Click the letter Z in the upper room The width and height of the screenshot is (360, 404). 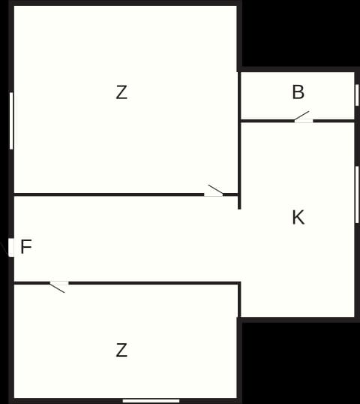(121, 92)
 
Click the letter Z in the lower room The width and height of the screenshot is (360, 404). (121, 350)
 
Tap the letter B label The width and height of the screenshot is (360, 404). (298, 92)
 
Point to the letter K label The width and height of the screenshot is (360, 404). (298, 218)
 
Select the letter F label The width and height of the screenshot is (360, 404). (26, 246)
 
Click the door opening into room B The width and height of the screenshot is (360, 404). (304, 118)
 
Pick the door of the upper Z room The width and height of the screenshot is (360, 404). (214, 191)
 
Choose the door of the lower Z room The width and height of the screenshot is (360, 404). (59, 286)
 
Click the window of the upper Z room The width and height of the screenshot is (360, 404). (11, 121)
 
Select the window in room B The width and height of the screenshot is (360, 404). (357, 95)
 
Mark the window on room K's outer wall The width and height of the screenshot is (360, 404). (357, 194)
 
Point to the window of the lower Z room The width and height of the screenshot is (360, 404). (151, 401)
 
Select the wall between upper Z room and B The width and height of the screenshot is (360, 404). (239, 96)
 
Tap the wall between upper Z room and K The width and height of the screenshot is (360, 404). (239, 165)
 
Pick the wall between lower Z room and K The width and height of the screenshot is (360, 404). (239, 300)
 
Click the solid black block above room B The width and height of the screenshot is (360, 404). (301, 34)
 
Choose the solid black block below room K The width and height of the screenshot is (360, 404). (301, 363)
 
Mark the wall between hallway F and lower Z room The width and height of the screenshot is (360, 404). (154, 283)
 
